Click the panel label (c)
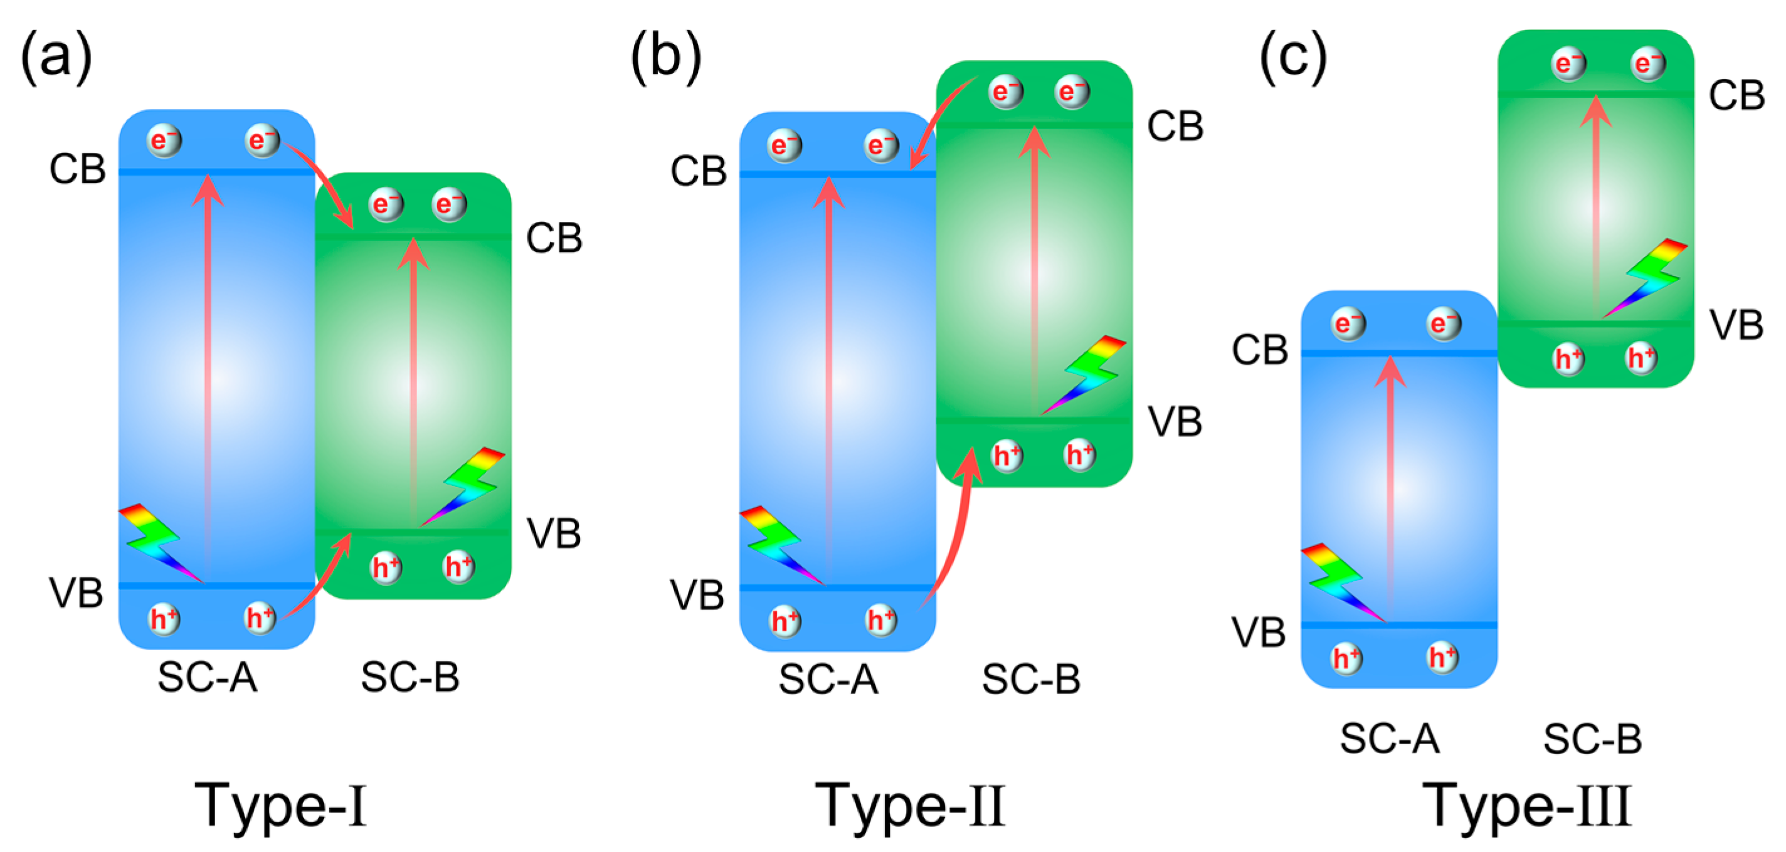tap(1292, 57)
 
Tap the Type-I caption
tap(280, 806)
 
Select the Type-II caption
tap(910, 806)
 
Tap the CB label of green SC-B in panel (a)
tap(553, 238)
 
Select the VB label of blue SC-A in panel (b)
tap(697, 595)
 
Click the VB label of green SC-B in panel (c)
tap(1736, 325)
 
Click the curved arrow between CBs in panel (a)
tap(326, 181)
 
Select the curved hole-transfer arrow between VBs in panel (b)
tap(953, 534)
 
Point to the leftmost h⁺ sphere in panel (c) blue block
tap(1346, 658)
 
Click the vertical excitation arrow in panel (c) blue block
tap(1390, 485)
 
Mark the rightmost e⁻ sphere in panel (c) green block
tap(1648, 65)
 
